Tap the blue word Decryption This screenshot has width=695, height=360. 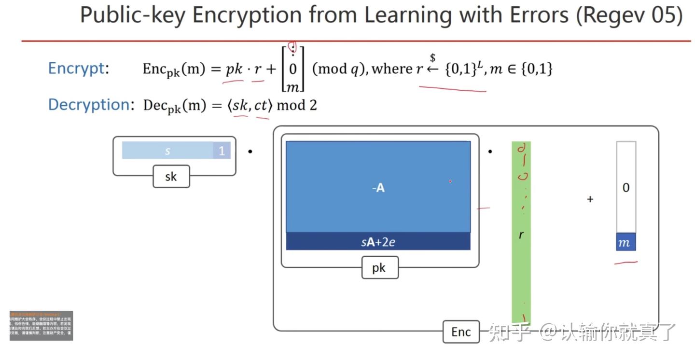[88, 105]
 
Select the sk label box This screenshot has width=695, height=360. [171, 177]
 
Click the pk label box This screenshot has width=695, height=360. [380, 267]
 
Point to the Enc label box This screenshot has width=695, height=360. [461, 332]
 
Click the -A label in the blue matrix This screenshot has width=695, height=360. [378, 188]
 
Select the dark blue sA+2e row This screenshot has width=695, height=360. [378, 242]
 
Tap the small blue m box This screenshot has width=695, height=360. [625, 242]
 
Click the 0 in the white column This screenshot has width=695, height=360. [626, 188]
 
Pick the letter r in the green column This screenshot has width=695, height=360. [521, 235]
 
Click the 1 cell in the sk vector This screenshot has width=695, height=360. [222, 151]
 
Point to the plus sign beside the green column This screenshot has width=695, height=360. [590, 199]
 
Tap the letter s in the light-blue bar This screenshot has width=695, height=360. [167, 151]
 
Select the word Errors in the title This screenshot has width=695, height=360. [535, 15]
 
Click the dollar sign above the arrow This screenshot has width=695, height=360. [433, 58]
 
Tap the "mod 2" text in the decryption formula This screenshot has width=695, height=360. [297, 105]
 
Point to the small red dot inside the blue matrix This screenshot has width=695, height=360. [450, 181]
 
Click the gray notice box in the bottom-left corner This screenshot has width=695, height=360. [41, 326]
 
